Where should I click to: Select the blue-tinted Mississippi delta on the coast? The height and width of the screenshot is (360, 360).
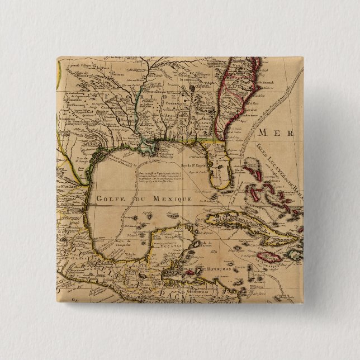click(x=149, y=148)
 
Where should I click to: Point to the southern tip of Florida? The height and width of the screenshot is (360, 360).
click(x=224, y=188)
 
